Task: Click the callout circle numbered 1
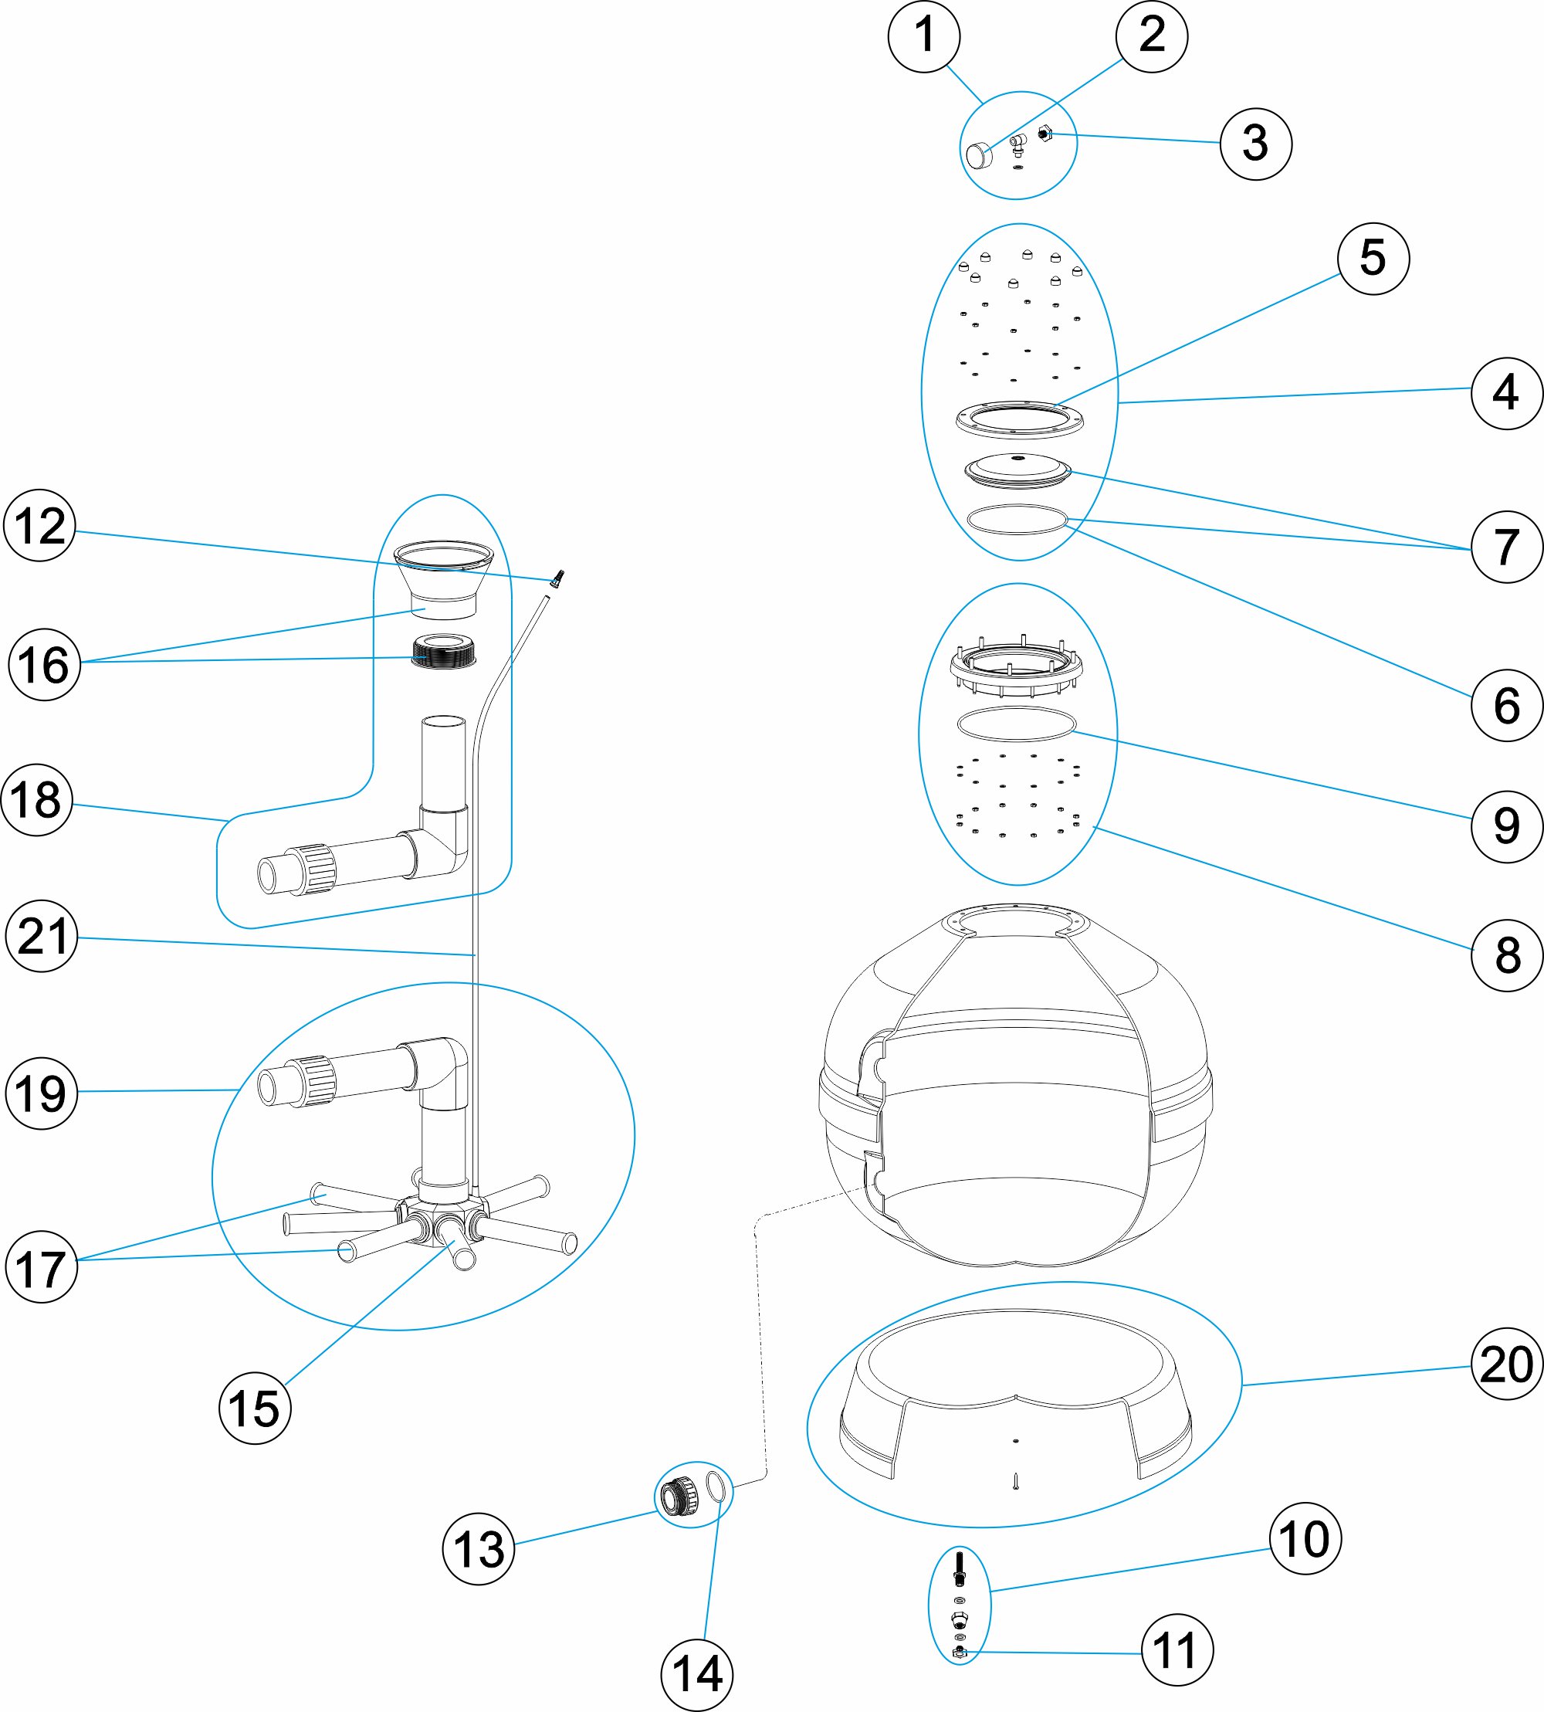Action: [x=924, y=36]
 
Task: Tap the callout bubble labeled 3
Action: [x=1255, y=144]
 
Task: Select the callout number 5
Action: [x=1373, y=258]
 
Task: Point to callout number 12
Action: [x=39, y=525]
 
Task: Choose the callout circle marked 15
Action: [x=255, y=1408]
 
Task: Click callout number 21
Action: [x=41, y=937]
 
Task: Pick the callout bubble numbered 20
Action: [x=1506, y=1365]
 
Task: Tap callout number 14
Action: [x=696, y=1675]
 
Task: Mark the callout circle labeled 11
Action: [x=1177, y=1650]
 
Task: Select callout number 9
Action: [x=1506, y=825]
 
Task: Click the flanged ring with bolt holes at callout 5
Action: [x=1019, y=419]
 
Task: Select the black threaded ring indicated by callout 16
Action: [x=443, y=652]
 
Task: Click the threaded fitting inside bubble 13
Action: [x=680, y=1497]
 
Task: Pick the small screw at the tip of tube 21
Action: [x=557, y=579]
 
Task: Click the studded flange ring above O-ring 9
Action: [x=1015, y=664]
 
